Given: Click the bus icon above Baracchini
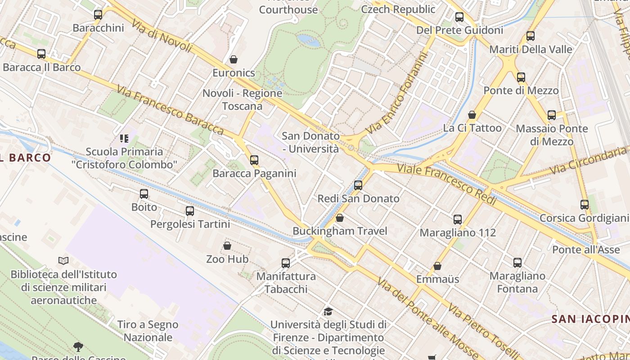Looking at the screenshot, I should coord(98,14).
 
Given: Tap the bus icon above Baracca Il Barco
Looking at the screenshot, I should coord(41,54).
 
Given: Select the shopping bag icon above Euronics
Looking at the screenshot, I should coord(233,59).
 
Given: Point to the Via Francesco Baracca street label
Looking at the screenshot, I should coord(170,110).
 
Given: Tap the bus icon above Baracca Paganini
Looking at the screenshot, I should coord(254,160).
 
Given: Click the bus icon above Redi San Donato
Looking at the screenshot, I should coord(358,185).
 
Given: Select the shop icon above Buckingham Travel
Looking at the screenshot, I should coord(340,218).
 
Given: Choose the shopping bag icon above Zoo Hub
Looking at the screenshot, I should coord(227,246).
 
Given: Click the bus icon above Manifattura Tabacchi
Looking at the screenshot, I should coord(286,263).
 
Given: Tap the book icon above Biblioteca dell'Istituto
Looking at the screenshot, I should coord(63,261).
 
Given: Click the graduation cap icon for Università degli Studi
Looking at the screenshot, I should coord(328,311).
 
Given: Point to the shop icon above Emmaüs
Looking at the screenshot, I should coord(437,266).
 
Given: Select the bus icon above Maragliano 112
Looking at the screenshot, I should coord(458,219).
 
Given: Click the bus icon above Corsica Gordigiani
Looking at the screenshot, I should coord(585,205).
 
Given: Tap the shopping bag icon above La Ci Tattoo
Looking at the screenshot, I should coord(472,115).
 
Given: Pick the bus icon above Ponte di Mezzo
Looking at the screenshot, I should coord(521,77).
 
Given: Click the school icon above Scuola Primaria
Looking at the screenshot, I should coord(124,138).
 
